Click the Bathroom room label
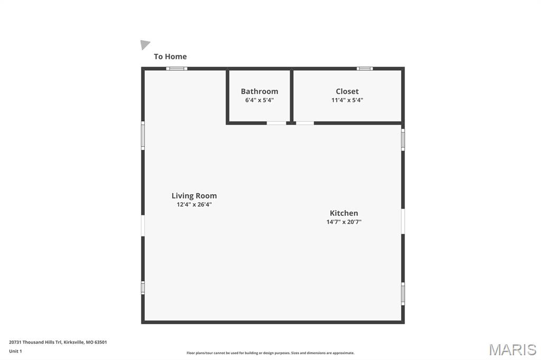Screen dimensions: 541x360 pos(259,91)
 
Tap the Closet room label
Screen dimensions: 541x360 pos(347,91)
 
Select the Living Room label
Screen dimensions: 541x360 pos(194,196)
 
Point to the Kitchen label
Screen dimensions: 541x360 pos(343,213)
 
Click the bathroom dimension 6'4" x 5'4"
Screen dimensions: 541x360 pos(259,100)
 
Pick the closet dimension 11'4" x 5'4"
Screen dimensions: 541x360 pos(347,100)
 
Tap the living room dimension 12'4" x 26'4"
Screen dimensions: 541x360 pos(194,204)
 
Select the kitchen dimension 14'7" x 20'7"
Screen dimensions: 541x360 pos(343,222)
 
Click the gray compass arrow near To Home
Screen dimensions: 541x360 pos(145,44)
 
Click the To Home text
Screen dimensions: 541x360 pos(170,56)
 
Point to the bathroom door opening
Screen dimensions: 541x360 pos(276,123)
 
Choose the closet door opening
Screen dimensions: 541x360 pos(305,123)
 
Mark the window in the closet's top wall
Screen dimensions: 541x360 pos(365,69)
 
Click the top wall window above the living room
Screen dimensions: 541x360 pos(176,69)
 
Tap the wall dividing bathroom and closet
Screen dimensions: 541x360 pos(292,96)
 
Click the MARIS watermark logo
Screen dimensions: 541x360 pos(512,349)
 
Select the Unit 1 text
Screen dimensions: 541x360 pos(15,352)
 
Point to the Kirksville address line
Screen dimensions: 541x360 pos(58,343)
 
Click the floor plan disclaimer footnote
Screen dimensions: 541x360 pos(270,353)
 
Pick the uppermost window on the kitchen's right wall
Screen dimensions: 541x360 pos(403,140)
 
